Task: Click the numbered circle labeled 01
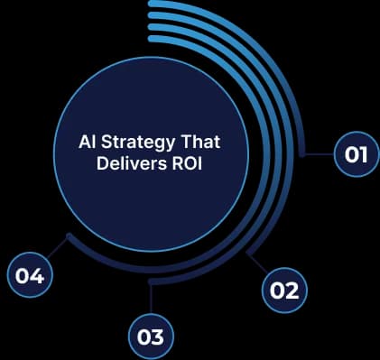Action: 356,154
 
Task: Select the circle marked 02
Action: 283,290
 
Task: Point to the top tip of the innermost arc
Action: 152,40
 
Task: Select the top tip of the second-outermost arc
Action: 152,16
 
